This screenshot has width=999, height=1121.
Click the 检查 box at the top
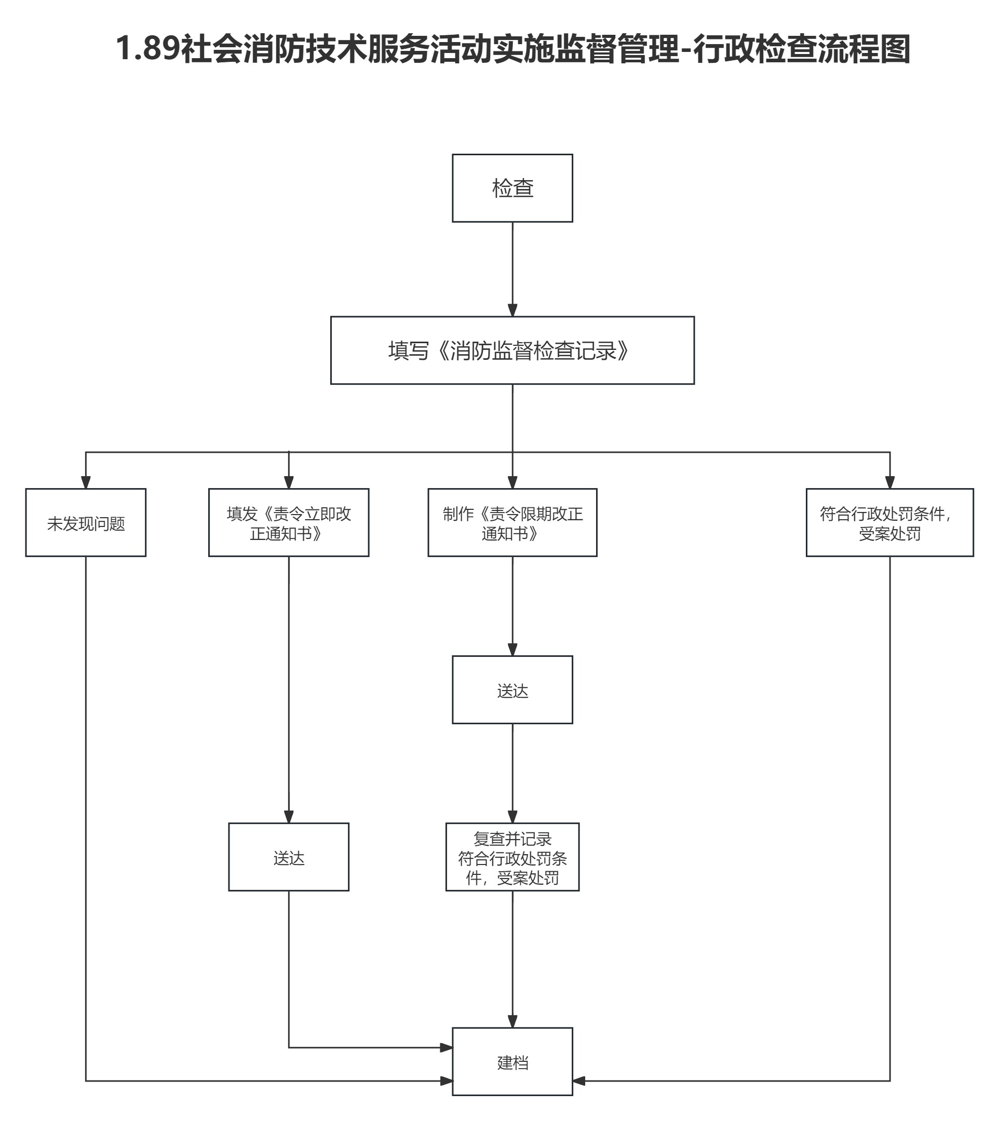click(x=512, y=188)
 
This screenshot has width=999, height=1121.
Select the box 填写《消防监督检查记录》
click(x=512, y=350)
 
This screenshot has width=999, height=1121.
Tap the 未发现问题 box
click(x=86, y=523)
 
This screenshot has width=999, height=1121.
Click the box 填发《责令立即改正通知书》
click(x=289, y=523)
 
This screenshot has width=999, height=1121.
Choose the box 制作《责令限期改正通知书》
click(x=512, y=523)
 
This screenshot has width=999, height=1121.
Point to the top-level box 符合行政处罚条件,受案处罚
click(x=889, y=523)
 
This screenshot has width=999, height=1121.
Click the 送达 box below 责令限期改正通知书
click(x=512, y=690)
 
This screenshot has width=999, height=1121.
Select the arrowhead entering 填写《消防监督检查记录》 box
click(x=512, y=310)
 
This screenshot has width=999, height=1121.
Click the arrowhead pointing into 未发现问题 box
click(x=86, y=482)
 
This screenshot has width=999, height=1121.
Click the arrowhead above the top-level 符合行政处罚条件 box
click(x=890, y=482)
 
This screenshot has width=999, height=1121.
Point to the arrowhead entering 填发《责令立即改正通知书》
click(x=289, y=482)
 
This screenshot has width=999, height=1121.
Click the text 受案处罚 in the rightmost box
click(x=889, y=534)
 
